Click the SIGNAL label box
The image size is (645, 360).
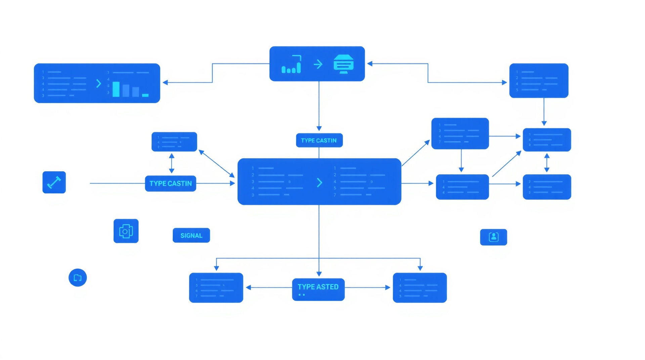pos(191,235)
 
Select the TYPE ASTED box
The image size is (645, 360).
pos(318,289)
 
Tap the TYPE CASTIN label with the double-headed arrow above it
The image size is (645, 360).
pos(170,183)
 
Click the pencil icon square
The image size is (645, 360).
pos(54,182)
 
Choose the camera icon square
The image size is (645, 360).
pos(126,231)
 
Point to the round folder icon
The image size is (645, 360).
pos(78,278)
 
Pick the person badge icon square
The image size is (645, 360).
pos(493,237)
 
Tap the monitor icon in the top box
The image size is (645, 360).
pos(343,64)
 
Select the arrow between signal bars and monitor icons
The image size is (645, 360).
pos(318,64)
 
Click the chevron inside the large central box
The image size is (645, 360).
pos(319,183)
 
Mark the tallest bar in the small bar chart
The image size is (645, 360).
pos(116,89)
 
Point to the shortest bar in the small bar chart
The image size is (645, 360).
pos(145,95)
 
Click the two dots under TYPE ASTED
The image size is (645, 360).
pos(302,295)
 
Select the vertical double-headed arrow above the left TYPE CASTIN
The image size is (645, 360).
pos(172,163)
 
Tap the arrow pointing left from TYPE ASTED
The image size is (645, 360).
pos(269,287)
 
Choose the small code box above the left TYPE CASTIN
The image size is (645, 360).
pos(174,142)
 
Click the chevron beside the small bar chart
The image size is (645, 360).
pos(98,83)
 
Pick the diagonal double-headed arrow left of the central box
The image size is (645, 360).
pos(217,164)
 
